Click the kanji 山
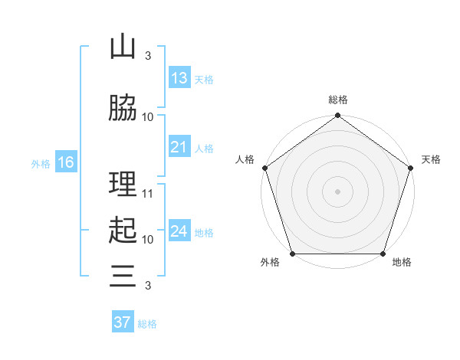tap(123, 47)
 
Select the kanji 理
tap(123, 185)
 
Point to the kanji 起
tap(123, 231)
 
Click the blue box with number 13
tap(179, 78)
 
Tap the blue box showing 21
tap(179, 147)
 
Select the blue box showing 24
tap(179, 231)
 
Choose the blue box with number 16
tap(66, 162)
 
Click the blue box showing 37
tap(123, 322)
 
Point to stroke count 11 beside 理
tap(148, 194)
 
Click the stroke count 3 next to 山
tap(148, 56)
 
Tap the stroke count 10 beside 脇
tap(148, 117)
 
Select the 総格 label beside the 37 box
tap(148, 324)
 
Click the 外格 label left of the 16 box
tap(41, 163)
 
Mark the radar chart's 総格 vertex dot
tap(337, 116)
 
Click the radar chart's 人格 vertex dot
tap(265, 168)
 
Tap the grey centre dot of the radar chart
tap(337, 191)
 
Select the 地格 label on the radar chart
tap(402, 263)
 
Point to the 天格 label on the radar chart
tap(431, 159)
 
